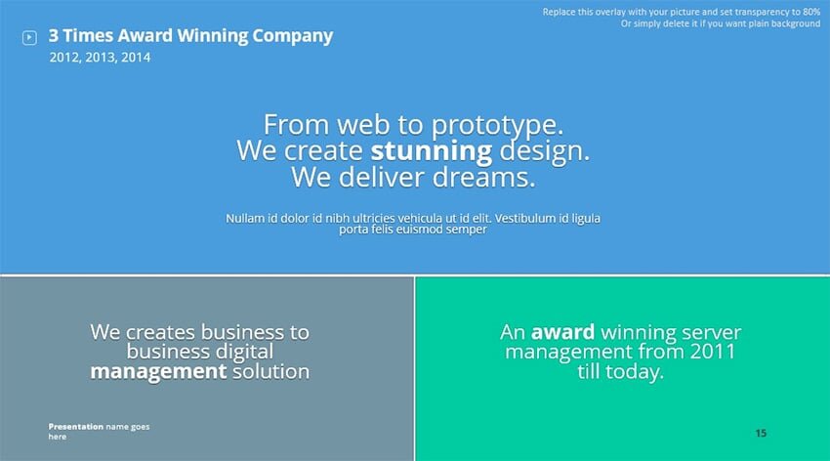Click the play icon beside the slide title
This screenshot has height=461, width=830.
[29, 37]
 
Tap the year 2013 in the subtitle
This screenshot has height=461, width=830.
[100, 58]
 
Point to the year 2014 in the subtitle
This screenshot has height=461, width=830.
[136, 58]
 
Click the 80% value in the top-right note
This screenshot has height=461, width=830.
[810, 12]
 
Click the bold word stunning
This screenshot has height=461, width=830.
[432, 152]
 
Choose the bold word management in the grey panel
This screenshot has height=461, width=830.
[158, 371]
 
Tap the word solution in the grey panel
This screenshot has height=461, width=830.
[271, 371]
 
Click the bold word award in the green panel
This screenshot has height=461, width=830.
[562, 332]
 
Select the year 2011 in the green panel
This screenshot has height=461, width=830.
[713, 352]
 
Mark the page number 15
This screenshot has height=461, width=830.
[761, 434]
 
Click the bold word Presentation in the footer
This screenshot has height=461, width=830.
[76, 427]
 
